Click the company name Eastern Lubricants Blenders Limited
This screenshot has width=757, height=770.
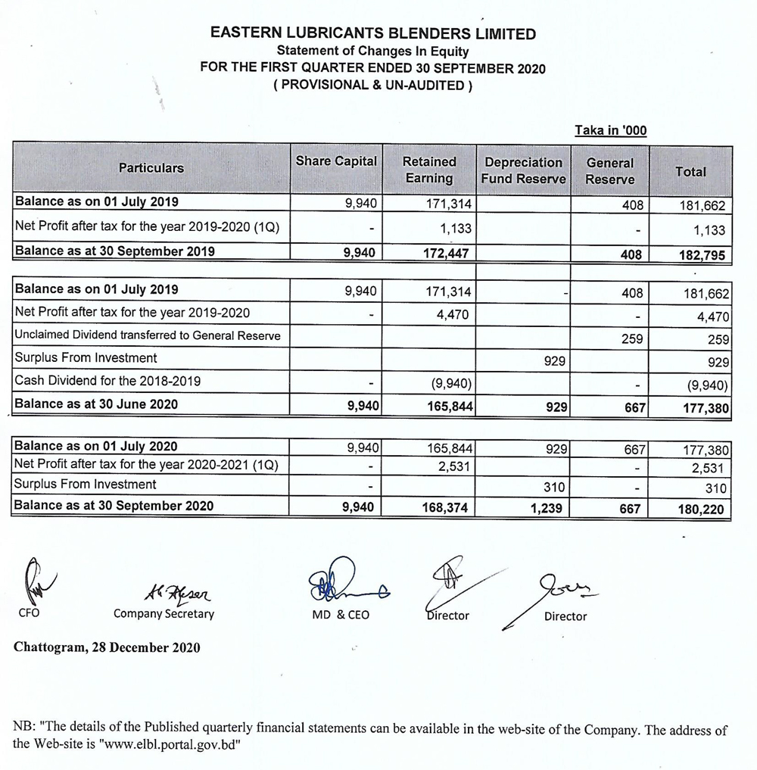coord(372,34)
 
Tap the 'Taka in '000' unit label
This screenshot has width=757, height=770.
coord(610,130)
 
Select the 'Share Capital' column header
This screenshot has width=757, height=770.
coord(335,161)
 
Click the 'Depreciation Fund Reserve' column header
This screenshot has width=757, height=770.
coord(523,170)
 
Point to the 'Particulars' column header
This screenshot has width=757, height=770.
coord(151,167)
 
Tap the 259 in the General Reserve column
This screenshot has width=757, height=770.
coord(631,340)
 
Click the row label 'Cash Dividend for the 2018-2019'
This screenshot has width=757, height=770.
coord(108,381)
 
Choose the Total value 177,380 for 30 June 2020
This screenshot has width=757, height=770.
coord(704,409)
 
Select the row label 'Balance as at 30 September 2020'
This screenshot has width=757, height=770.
coord(114,506)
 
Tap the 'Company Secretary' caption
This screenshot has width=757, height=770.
coord(164,614)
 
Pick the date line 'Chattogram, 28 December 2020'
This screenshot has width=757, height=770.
coord(107,647)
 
